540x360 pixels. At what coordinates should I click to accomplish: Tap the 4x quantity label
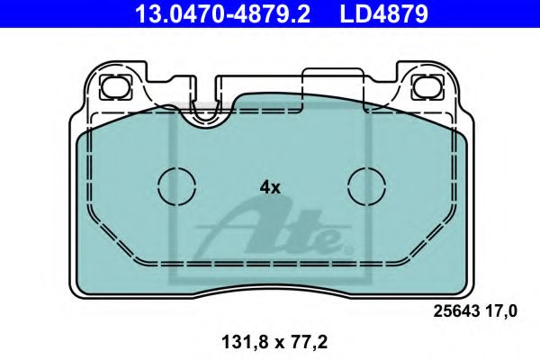coord(270,188)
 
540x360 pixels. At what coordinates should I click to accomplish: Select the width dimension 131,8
coord(235,343)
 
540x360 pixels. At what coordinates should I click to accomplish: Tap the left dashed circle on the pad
coord(176,187)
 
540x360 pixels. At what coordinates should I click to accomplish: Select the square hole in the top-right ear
coord(422,87)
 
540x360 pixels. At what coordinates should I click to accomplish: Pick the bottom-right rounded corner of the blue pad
coord(457,286)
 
